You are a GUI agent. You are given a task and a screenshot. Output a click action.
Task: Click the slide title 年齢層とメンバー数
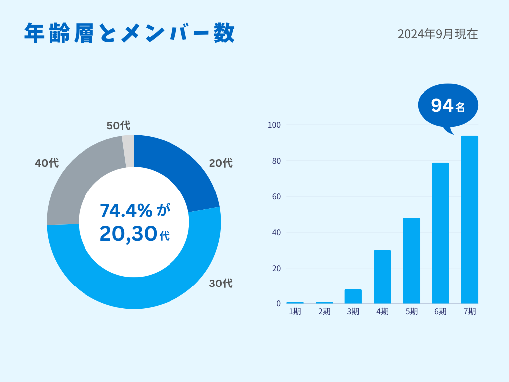tap(129, 34)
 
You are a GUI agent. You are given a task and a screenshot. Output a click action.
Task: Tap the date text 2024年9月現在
tap(437, 34)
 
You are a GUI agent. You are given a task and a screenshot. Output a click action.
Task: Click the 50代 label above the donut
tap(118, 126)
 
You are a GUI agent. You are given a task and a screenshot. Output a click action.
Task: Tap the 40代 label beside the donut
tap(47, 163)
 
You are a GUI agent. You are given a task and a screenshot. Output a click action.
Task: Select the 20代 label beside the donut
tap(221, 163)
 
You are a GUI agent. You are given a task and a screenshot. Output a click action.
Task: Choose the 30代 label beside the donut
tap(221, 284)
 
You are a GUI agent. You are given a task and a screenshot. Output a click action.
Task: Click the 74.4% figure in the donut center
tap(126, 210)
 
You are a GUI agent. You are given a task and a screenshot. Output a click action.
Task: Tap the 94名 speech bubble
tap(448, 105)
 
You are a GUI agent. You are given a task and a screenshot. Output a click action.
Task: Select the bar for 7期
tap(470, 219)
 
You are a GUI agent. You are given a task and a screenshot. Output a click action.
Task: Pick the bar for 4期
tap(382, 277)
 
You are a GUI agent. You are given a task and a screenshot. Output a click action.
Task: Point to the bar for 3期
tap(353, 296)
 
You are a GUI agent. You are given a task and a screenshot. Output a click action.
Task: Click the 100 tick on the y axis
tap(274, 125)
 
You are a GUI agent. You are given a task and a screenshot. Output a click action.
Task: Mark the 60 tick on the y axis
tap(276, 196)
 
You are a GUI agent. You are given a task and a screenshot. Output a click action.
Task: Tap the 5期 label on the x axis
tap(412, 312)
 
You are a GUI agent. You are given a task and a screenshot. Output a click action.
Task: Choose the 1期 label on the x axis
tap(295, 312)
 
